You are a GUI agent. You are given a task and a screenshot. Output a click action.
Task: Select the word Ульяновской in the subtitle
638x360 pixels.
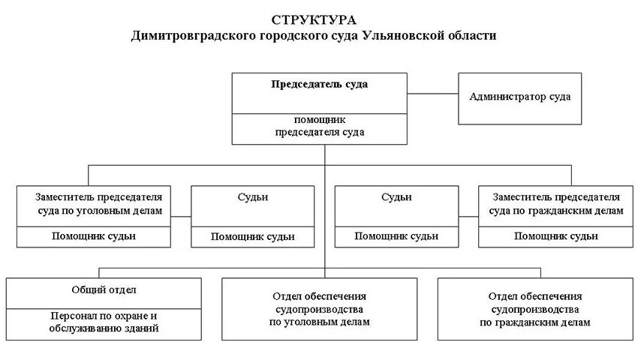click(402, 36)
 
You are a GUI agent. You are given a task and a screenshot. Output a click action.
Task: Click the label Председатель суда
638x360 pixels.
click(319, 84)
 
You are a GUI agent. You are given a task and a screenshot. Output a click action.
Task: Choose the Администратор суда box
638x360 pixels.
click(519, 97)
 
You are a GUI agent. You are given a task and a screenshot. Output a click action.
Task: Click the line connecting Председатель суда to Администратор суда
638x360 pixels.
click(433, 94)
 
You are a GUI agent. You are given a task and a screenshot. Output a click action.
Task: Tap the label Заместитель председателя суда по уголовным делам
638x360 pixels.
click(98, 203)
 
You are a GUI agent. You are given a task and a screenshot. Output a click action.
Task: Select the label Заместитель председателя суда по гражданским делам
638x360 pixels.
click(556, 203)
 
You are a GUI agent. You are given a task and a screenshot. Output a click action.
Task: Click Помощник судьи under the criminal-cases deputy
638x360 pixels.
click(94, 236)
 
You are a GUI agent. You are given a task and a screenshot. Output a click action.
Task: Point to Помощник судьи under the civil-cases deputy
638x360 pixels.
click(556, 236)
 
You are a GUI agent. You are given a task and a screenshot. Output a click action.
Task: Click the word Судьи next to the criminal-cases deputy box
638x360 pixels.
click(252, 197)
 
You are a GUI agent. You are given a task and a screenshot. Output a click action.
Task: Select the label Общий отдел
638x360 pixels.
click(104, 289)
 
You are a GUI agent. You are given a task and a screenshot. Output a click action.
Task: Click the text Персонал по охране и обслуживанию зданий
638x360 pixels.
click(104, 322)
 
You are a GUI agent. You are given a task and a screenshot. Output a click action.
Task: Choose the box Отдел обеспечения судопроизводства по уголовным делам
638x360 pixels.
click(320, 309)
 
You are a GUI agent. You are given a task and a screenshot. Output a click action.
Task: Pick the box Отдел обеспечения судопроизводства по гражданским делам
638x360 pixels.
click(534, 309)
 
